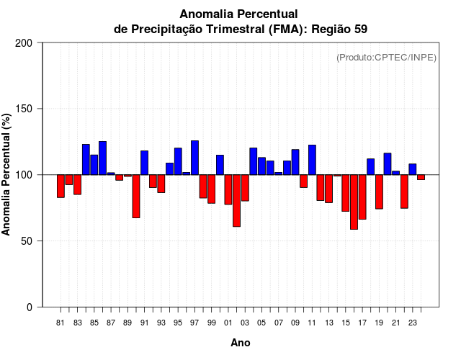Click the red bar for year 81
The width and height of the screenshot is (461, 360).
61,186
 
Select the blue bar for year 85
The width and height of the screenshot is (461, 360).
94,165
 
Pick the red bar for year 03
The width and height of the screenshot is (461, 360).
245,188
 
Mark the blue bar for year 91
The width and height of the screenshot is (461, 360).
144,163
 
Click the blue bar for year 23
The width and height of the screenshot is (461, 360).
412,169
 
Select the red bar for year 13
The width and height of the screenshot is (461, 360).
328,189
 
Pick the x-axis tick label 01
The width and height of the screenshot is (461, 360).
228,323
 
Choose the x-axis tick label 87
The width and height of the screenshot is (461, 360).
111,323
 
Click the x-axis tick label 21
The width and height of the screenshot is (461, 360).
395,323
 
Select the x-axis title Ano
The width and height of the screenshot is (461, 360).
241,343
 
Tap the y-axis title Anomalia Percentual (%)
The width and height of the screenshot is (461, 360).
7,174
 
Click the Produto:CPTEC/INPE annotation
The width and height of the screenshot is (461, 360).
386,58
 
